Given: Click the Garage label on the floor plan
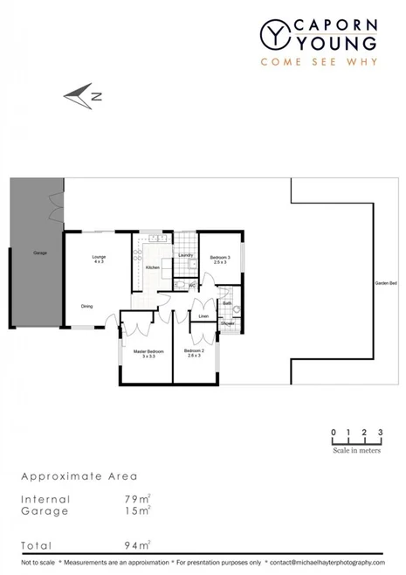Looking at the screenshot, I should point(39,253).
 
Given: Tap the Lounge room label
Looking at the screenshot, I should point(100,257).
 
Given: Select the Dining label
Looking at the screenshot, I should point(87,306).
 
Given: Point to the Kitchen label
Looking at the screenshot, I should point(152,267).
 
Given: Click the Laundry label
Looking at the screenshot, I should point(185,254).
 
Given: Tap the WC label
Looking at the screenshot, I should point(191,284).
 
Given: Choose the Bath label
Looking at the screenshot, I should point(227,303).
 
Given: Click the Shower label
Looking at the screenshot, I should point(227,323).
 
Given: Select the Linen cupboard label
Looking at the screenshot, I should point(203,316).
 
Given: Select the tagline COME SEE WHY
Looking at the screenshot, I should point(319,61).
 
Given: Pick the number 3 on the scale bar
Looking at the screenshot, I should point(381,433).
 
